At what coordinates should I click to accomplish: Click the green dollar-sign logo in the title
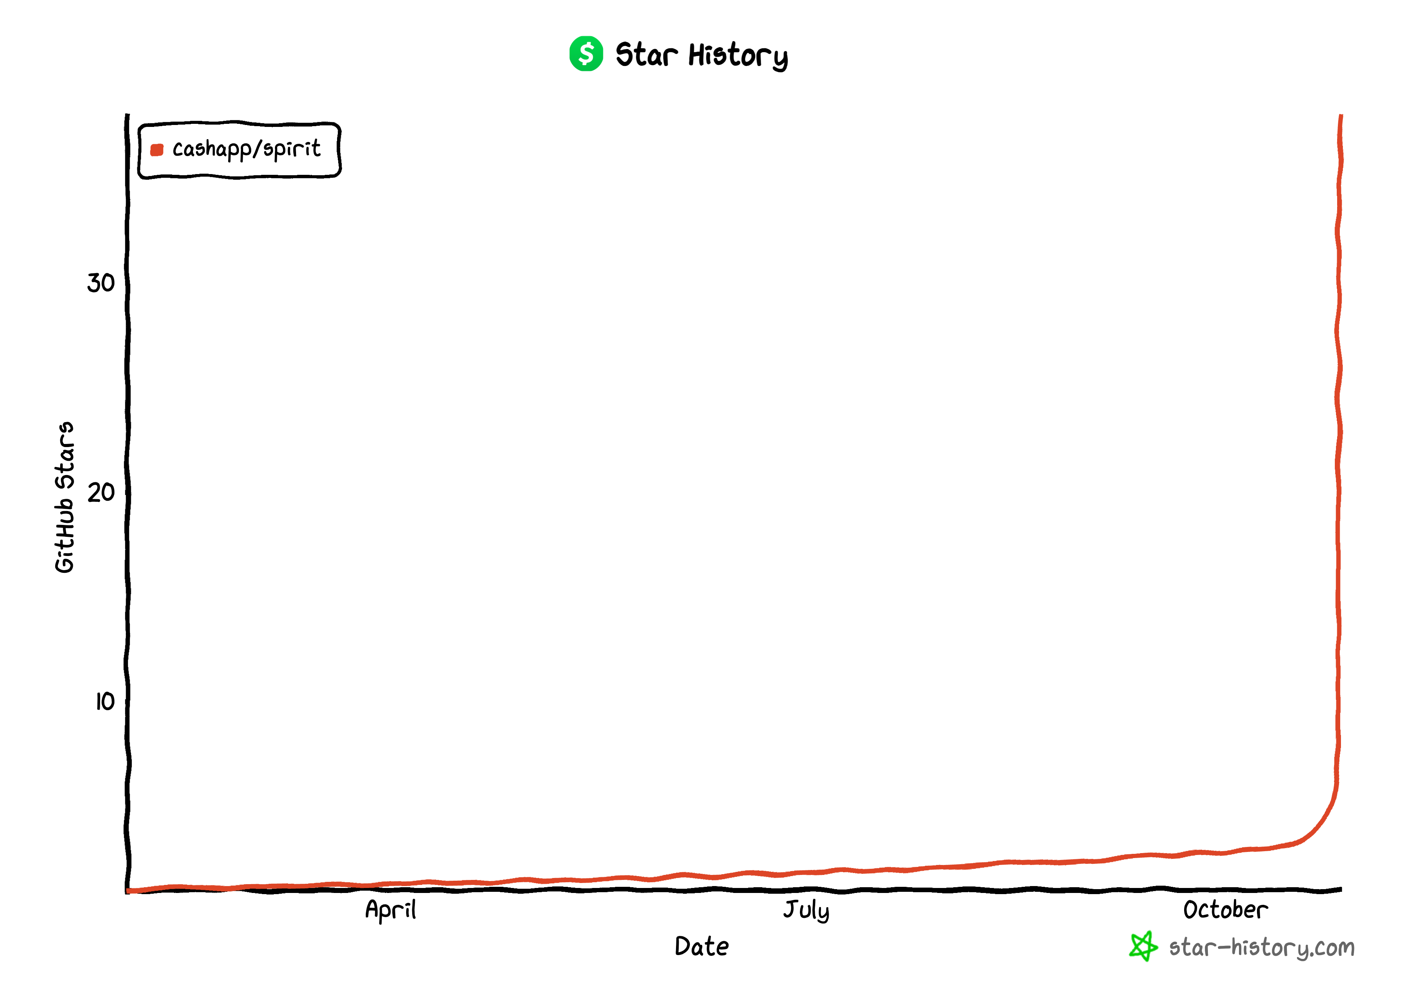[x=586, y=54]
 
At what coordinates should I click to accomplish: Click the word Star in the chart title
[x=646, y=54]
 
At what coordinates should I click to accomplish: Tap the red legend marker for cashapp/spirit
[x=157, y=150]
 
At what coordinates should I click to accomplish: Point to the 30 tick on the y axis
[x=101, y=283]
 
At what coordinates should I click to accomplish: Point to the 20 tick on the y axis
[x=101, y=492]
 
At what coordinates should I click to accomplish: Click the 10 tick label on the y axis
[x=104, y=702]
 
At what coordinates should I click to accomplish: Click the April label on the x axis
[x=390, y=910]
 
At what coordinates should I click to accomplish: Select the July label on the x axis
[x=806, y=910]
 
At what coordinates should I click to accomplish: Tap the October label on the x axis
[x=1225, y=910]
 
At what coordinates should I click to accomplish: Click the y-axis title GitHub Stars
[x=64, y=497]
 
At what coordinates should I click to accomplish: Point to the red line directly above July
[x=806, y=872]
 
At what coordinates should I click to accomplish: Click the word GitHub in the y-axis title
[x=64, y=536]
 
